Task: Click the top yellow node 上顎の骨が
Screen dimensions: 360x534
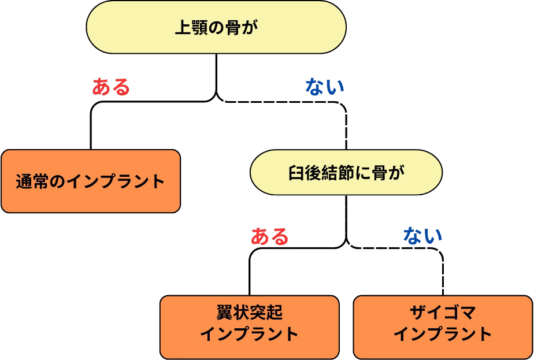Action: coord(216,27)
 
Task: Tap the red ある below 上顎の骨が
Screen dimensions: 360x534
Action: coord(111,87)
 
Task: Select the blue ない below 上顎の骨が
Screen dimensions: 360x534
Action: coord(324,86)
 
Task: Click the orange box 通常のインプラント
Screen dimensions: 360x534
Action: coord(91,181)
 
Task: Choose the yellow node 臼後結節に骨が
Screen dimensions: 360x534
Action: coord(346,172)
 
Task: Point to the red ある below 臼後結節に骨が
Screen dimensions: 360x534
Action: coord(269,236)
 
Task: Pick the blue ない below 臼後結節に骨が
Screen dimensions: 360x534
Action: coord(422,235)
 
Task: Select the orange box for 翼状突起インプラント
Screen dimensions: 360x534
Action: coord(249,327)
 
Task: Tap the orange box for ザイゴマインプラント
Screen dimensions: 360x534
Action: coord(443,327)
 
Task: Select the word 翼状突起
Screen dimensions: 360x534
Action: coord(249,313)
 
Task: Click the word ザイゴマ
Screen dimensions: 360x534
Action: coord(443,313)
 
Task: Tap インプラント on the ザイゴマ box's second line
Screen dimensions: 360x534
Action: coord(443,334)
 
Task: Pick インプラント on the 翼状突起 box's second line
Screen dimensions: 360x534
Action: coord(249,334)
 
